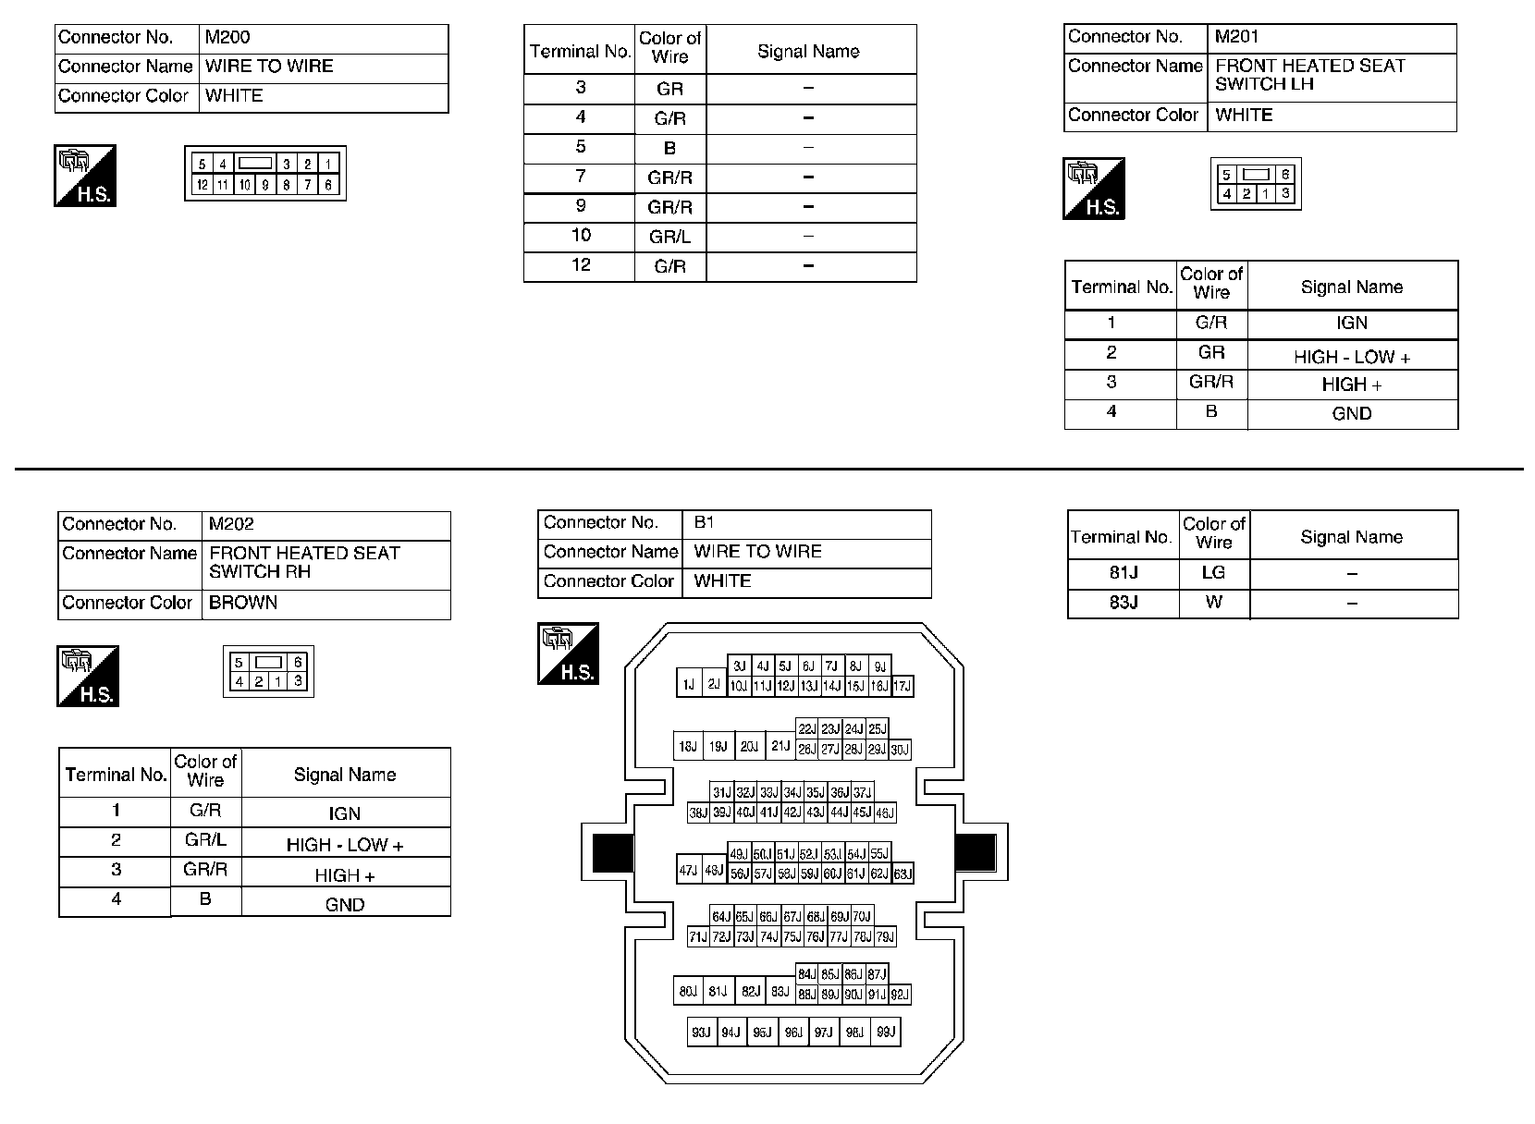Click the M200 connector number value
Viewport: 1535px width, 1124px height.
click(227, 38)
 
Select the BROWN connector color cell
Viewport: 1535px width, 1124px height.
click(243, 603)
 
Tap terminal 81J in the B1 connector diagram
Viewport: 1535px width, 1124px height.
click(718, 992)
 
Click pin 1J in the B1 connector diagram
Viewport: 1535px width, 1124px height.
click(688, 685)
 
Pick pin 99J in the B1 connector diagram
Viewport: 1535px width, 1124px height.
click(885, 1032)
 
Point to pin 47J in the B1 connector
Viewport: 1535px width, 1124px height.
click(688, 871)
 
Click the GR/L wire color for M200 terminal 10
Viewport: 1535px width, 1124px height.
click(669, 237)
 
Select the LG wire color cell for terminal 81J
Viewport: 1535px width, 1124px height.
click(1213, 573)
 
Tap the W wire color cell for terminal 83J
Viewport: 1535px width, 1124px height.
click(1213, 603)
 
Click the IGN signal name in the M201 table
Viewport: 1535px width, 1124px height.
click(1351, 324)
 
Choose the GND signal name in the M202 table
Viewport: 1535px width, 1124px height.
click(345, 905)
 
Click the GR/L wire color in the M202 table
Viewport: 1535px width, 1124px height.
click(205, 840)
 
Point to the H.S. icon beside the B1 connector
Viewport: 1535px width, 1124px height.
click(568, 654)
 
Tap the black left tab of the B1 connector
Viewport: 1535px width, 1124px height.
click(611, 852)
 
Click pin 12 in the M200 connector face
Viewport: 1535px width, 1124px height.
click(201, 185)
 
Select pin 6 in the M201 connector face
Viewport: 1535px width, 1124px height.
click(1285, 175)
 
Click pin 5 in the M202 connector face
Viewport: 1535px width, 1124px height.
click(239, 663)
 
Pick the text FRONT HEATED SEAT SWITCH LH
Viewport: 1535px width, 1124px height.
click(1309, 75)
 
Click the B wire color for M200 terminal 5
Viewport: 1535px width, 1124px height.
click(669, 148)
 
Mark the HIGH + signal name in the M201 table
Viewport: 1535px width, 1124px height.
click(1351, 385)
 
